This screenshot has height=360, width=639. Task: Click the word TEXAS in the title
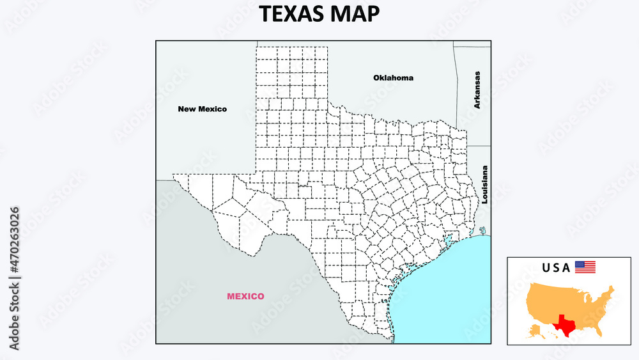pyautogui.click(x=290, y=14)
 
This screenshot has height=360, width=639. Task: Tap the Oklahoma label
pyautogui.click(x=393, y=78)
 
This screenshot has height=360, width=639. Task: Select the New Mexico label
pyautogui.click(x=202, y=109)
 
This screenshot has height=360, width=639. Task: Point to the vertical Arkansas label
pyautogui.click(x=477, y=90)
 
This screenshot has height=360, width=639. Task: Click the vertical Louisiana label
pyautogui.click(x=485, y=185)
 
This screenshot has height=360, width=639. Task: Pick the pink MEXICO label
pyautogui.click(x=245, y=296)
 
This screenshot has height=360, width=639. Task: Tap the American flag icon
pyautogui.click(x=585, y=267)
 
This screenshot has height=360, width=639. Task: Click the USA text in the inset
pyautogui.click(x=555, y=268)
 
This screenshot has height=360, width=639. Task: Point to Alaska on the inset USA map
pyautogui.click(x=534, y=329)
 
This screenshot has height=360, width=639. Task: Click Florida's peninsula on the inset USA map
pyautogui.click(x=599, y=330)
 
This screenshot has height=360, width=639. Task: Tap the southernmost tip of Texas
pyautogui.click(x=390, y=340)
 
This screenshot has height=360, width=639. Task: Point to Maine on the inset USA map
pyautogui.click(x=612, y=289)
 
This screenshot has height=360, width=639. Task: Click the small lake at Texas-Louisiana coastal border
pyautogui.click(x=482, y=230)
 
